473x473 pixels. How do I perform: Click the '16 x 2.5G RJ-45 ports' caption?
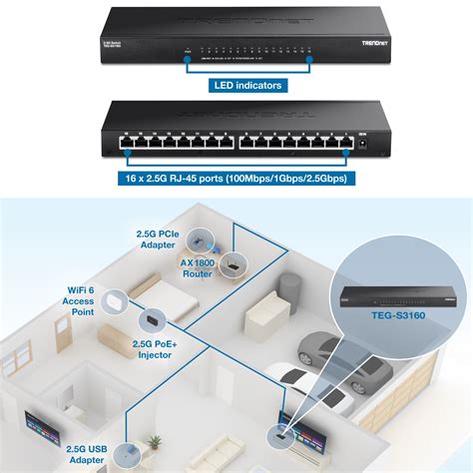tap(236, 180)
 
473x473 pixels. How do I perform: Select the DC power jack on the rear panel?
tap(374, 146)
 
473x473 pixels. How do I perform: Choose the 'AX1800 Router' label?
tap(199, 267)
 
